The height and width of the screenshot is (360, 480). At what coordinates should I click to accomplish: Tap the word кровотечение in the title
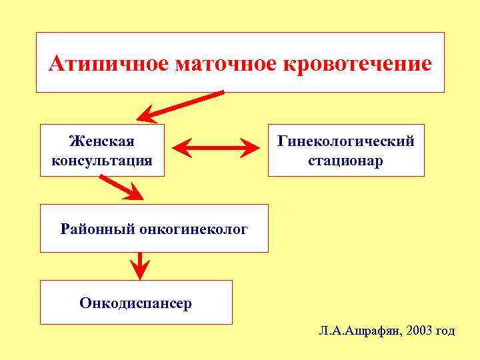[358, 64]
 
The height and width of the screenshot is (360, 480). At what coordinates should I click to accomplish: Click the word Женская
[102, 141]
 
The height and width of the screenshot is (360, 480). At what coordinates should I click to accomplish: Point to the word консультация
[102, 161]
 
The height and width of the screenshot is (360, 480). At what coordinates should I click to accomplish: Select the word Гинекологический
[346, 141]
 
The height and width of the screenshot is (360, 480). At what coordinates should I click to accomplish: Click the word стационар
[346, 161]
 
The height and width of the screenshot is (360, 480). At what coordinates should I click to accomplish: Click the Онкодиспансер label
[136, 303]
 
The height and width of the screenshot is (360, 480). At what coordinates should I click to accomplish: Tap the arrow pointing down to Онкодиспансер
[139, 265]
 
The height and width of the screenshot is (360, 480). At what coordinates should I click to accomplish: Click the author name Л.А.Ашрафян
[359, 331]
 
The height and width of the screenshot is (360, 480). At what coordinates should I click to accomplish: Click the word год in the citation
[445, 331]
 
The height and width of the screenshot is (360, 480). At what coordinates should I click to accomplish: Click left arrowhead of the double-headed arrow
[183, 147]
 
